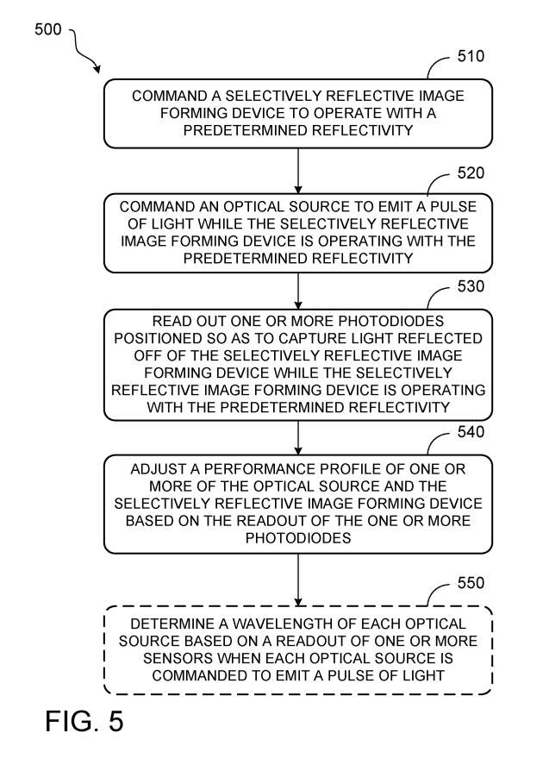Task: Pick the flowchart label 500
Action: (x=48, y=30)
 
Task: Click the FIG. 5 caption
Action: (x=84, y=720)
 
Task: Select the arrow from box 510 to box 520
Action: (x=298, y=170)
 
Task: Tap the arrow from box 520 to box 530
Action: (x=298, y=290)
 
